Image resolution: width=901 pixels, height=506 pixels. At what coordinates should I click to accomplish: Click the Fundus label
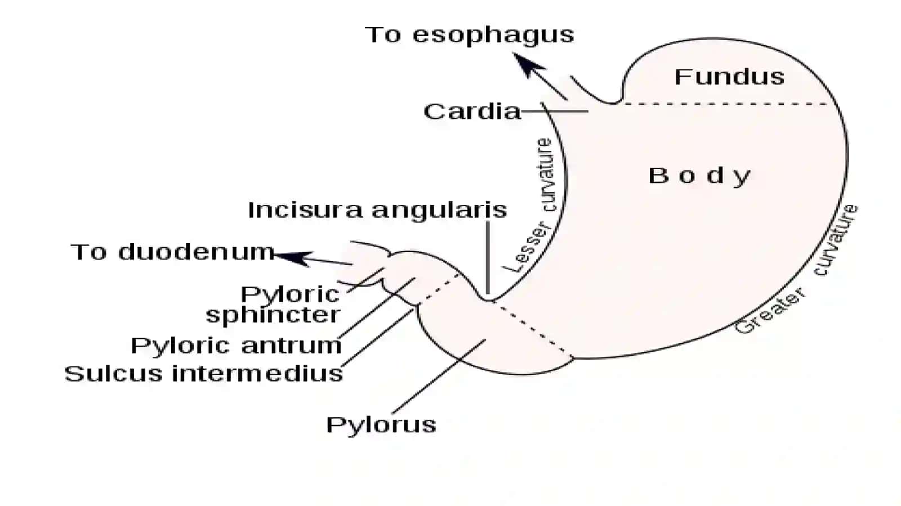coord(729,77)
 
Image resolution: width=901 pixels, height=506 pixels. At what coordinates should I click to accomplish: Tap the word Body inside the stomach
coord(699,176)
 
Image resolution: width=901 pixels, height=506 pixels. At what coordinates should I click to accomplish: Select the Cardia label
coord(472,111)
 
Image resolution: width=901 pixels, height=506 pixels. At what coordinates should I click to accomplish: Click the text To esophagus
coord(470,35)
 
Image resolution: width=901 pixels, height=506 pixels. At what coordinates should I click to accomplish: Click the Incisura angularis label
coord(377,210)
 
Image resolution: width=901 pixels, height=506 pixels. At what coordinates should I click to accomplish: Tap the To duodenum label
coord(172,252)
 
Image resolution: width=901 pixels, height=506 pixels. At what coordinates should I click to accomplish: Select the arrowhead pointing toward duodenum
coord(293,258)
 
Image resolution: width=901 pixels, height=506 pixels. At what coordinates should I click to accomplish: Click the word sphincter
coord(273,315)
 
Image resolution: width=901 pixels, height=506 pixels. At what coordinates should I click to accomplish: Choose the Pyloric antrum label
coord(236,346)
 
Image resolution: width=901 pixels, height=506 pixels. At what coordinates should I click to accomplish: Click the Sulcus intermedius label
coord(203,374)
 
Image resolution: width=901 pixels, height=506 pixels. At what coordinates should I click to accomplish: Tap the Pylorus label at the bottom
coord(381,425)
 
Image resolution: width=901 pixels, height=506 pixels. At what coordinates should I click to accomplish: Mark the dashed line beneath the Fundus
coord(727,104)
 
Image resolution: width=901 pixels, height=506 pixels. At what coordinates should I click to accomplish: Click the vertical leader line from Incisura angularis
coord(488,258)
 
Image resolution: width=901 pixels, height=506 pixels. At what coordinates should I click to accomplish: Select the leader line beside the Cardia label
coord(555,111)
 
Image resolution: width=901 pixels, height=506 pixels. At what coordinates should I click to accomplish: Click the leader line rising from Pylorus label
coord(439,377)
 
